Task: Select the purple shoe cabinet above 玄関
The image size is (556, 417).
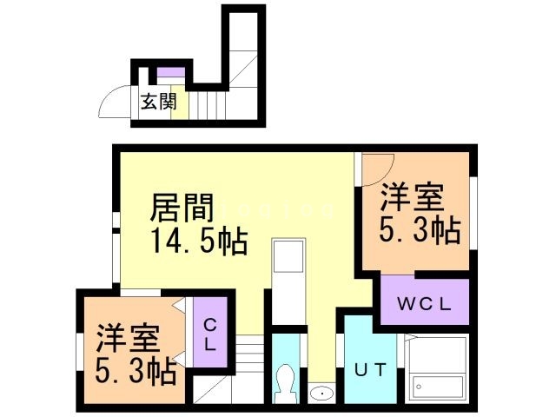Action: pos(170,71)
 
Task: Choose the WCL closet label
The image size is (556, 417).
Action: pos(422,304)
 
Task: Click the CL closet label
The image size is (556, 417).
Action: pos(209,332)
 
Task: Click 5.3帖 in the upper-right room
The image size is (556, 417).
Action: pos(418,230)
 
